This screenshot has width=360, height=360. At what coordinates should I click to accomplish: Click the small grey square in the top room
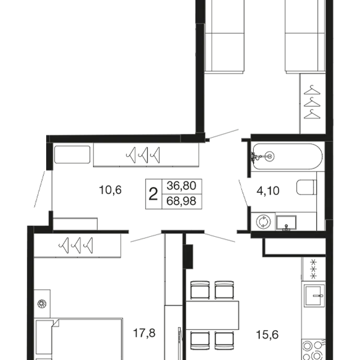pyautogui.click(x=322, y=88)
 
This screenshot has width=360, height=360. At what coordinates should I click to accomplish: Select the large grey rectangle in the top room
pyautogui.click(x=251, y=107)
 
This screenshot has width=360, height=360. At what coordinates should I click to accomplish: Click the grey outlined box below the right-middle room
pyautogui.click(x=294, y=246)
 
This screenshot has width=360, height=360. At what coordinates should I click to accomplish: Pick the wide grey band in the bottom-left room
pyautogui.click(x=98, y=274)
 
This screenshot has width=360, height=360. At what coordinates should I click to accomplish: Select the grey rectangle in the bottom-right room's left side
pyautogui.click(x=211, y=317)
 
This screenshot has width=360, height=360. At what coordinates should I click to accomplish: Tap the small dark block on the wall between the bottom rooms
pyautogui.click(x=188, y=256)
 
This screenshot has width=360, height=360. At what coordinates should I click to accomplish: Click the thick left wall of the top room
pyautogui.click(x=200, y=67)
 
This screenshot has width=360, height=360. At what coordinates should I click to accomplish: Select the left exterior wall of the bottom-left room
pyautogui.click(x=28, y=292)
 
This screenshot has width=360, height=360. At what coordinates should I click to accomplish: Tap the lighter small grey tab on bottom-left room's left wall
pyautogui.click(x=40, y=312)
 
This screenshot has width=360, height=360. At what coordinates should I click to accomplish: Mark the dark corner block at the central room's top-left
pyautogui.click(x=51, y=137)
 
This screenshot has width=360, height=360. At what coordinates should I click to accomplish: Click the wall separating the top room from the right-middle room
pyautogui.click(x=287, y=137)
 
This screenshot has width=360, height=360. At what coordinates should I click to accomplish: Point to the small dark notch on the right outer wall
pyautogui.click(x=335, y=122)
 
